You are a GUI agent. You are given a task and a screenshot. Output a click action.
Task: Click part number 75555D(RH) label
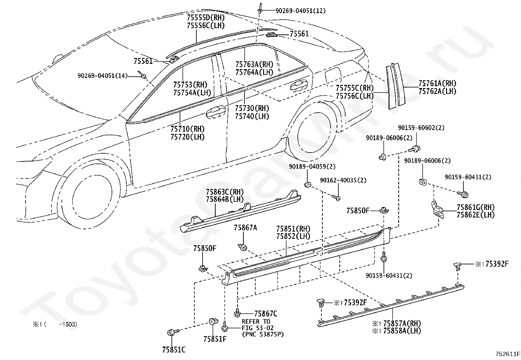coord(206,17)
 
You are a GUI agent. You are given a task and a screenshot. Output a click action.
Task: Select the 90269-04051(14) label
coord(102,76)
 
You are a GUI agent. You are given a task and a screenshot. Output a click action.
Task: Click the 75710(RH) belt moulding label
coord(187,129)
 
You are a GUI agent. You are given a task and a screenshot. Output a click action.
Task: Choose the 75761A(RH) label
coord(437,84)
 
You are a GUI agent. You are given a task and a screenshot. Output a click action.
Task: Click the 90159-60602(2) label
coord(421,128)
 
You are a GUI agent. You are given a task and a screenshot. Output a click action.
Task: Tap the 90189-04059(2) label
coord(312,167)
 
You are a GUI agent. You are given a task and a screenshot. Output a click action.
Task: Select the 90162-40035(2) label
coord(343,180)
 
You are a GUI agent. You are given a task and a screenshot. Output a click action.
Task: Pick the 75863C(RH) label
coord(225,192)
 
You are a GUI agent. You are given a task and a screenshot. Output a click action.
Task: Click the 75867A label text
coord(245,228)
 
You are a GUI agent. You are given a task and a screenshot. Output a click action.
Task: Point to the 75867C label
coord(265,314)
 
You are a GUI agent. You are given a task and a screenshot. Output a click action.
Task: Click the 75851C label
coord(173,350)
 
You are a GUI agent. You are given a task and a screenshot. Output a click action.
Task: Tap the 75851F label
coord(215,339)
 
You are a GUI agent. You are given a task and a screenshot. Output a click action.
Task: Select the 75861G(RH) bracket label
coord(476,207)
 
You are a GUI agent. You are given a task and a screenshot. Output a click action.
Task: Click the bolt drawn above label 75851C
coord(172,333)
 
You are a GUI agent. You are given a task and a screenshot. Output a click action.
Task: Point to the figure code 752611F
coord(507,354)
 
